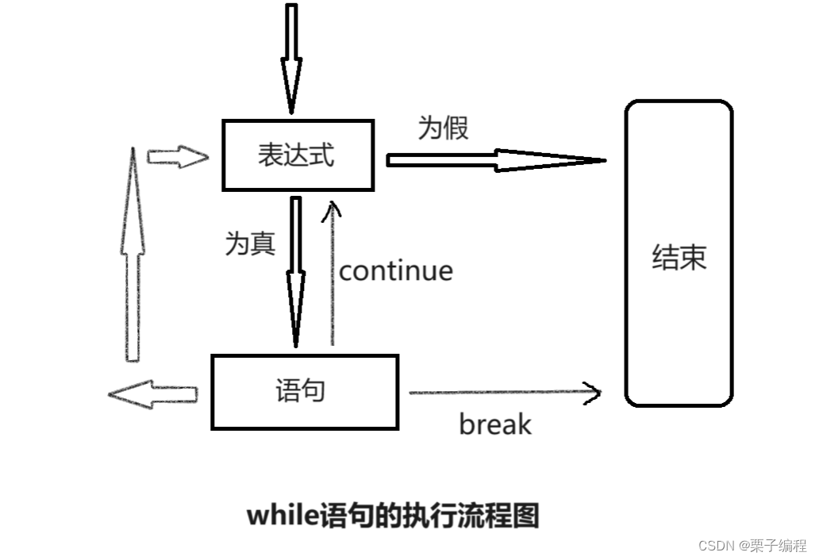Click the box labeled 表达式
pyautogui.click(x=298, y=155)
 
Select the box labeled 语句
pyautogui.click(x=304, y=392)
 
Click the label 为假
pyautogui.click(x=443, y=127)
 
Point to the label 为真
pyautogui.click(x=250, y=244)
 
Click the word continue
pyautogui.click(x=396, y=271)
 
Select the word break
pyautogui.click(x=494, y=424)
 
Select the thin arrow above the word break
pyautogui.click(x=505, y=393)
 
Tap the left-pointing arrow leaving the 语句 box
pyautogui.click(x=152, y=393)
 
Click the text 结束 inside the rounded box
pyautogui.click(x=679, y=258)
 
